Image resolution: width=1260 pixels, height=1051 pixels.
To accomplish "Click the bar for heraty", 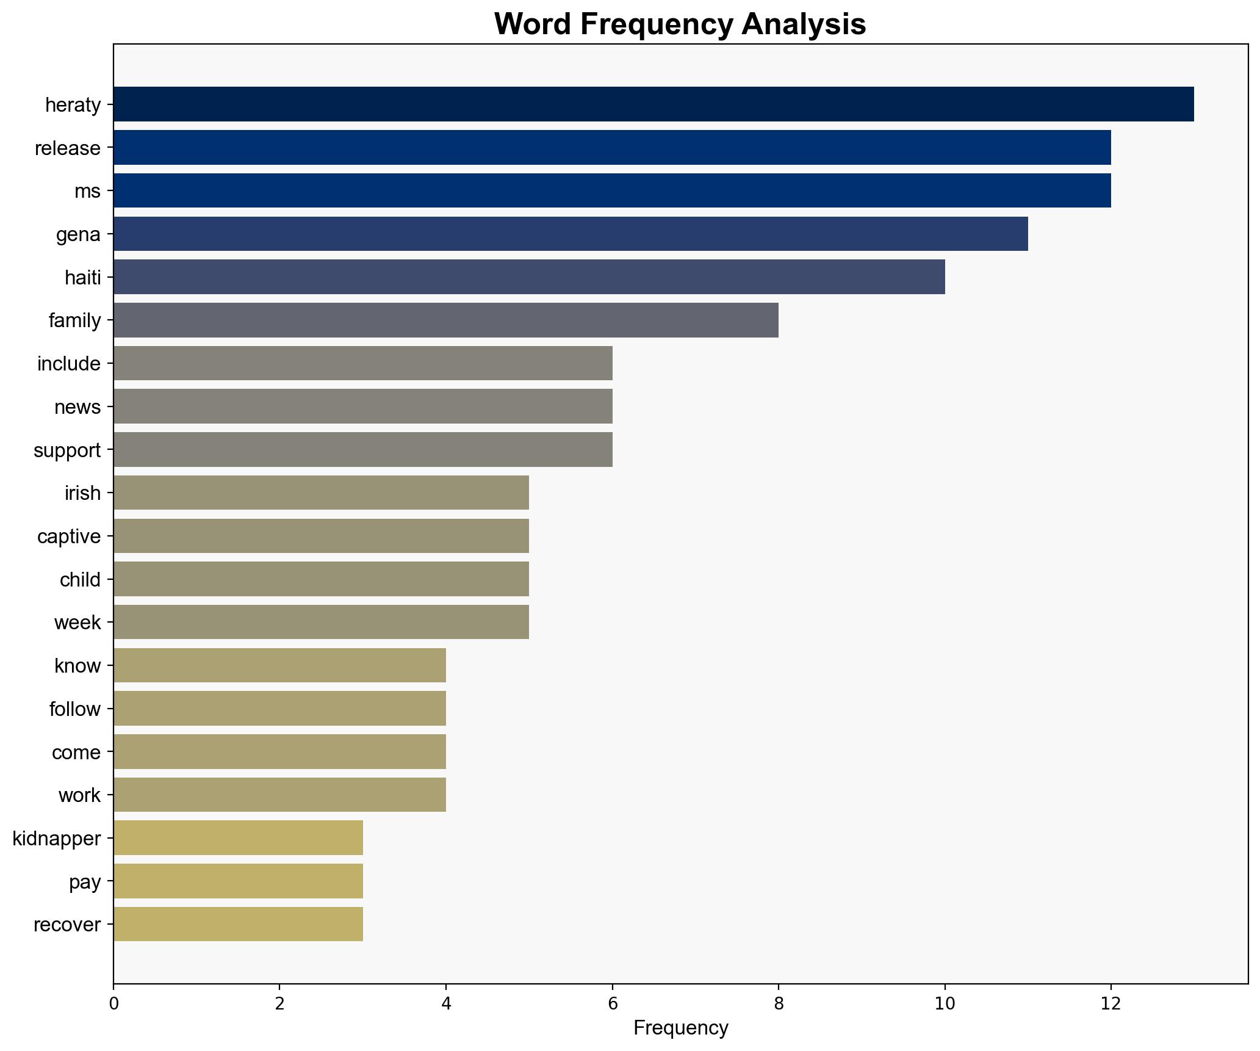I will pyautogui.click(x=653, y=104).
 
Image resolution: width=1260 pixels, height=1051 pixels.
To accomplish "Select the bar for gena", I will pyautogui.click(x=571, y=234).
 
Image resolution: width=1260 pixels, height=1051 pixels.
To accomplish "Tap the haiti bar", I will pyautogui.click(x=529, y=277).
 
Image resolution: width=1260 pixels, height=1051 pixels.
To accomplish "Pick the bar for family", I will pyautogui.click(x=445, y=320).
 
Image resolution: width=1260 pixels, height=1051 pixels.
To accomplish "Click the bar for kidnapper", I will pyautogui.click(x=238, y=838).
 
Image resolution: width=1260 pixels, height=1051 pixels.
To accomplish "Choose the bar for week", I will pyautogui.click(x=321, y=622).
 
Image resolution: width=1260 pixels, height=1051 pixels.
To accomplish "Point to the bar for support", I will pyautogui.click(x=362, y=450).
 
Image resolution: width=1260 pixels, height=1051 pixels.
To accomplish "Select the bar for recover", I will pyautogui.click(x=238, y=924).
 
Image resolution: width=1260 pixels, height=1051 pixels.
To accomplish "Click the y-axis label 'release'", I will pyautogui.click(x=68, y=148).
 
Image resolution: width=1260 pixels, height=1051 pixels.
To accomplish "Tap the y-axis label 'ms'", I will pyautogui.click(x=87, y=192).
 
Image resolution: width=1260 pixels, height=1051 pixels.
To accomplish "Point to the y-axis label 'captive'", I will pyautogui.click(x=69, y=536).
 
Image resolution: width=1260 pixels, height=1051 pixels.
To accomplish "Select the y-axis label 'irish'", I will pyautogui.click(x=82, y=493).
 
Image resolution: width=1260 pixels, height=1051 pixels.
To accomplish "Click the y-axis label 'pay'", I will pyautogui.click(x=85, y=882).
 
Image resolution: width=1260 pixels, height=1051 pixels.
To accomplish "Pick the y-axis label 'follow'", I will pyautogui.click(x=75, y=709).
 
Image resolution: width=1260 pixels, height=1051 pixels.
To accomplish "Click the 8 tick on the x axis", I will pyautogui.click(x=779, y=1003).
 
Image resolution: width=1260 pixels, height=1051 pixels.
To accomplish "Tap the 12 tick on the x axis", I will pyautogui.click(x=1111, y=1003).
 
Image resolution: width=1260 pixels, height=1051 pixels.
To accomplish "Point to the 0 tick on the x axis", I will pyautogui.click(x=113, y=1003).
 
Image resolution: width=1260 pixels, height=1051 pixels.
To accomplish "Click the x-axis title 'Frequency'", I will pyautogui.click(x=680, y=1028).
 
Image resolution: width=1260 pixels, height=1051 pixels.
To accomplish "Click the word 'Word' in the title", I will pyautogui.click(x=533, y=24).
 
